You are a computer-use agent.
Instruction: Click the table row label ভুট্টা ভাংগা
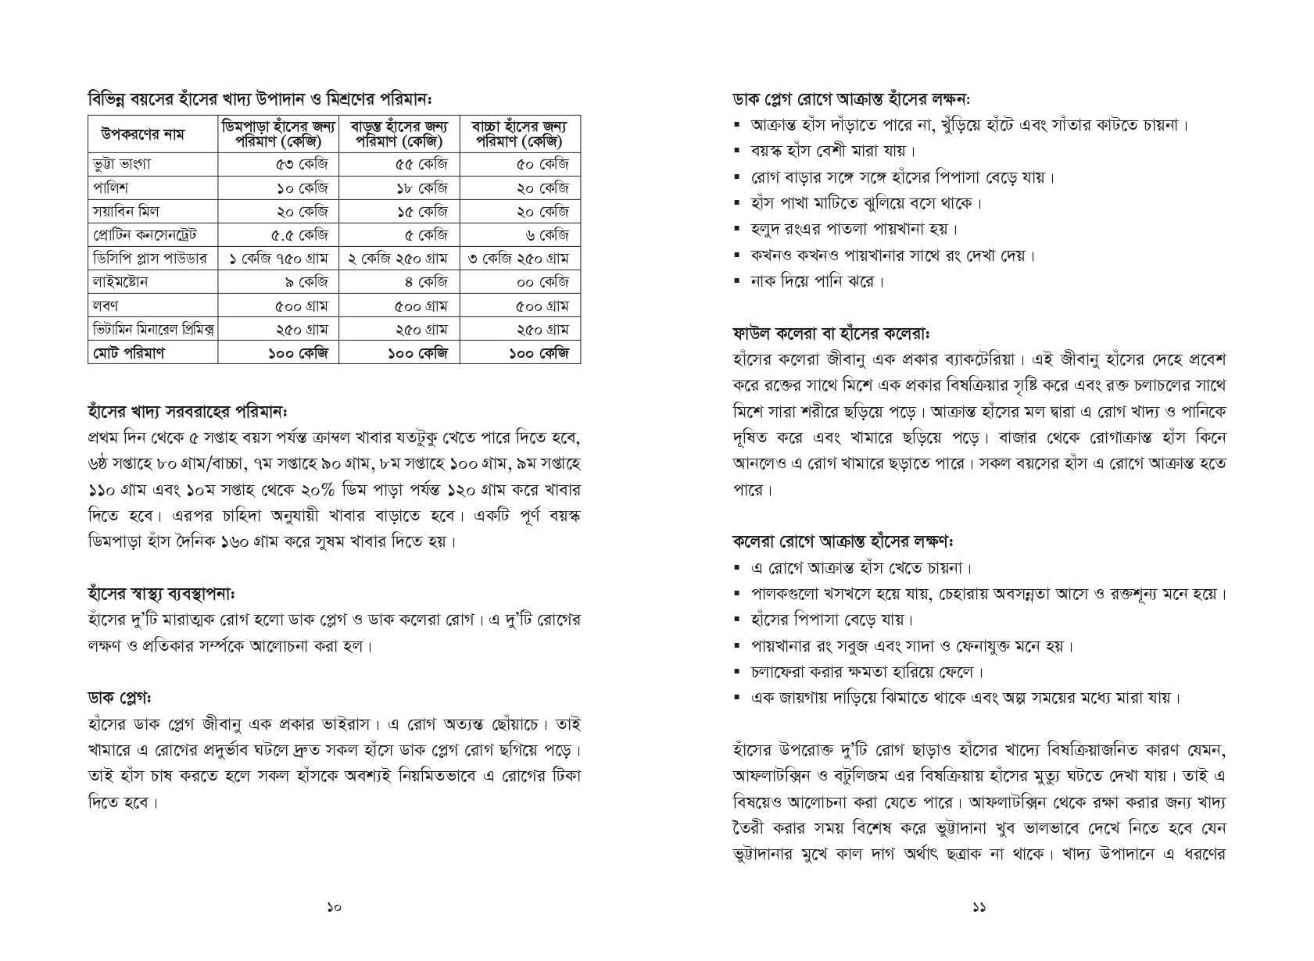(x=122, y=164)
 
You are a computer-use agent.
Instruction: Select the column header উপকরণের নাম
(x=143, y=134)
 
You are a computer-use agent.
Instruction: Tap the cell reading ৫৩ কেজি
(x=302, y=164)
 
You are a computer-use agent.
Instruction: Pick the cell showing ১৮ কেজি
(x=421, y=188)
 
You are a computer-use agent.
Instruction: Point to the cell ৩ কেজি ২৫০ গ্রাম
(x=518, y=259)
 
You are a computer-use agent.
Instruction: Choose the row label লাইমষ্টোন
(x=120, y=282)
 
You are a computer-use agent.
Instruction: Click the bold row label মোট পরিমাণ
(x=128, y=353)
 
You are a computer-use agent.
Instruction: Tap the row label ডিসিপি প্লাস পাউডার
(x=149, y=259)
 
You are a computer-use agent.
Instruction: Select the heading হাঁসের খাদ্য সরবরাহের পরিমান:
(x=188, y=411)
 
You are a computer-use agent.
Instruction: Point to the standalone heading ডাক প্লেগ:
(x=120, y=698)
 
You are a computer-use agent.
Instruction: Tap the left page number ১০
(x=334, y=908)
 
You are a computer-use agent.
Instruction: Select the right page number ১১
(x=979, y=908)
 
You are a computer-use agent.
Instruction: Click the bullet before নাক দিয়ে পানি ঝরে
(x=737, y=282)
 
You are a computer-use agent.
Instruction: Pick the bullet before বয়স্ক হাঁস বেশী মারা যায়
(x=737, y=151)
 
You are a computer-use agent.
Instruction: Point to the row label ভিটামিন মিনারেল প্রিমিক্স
(x=153, y=330)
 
